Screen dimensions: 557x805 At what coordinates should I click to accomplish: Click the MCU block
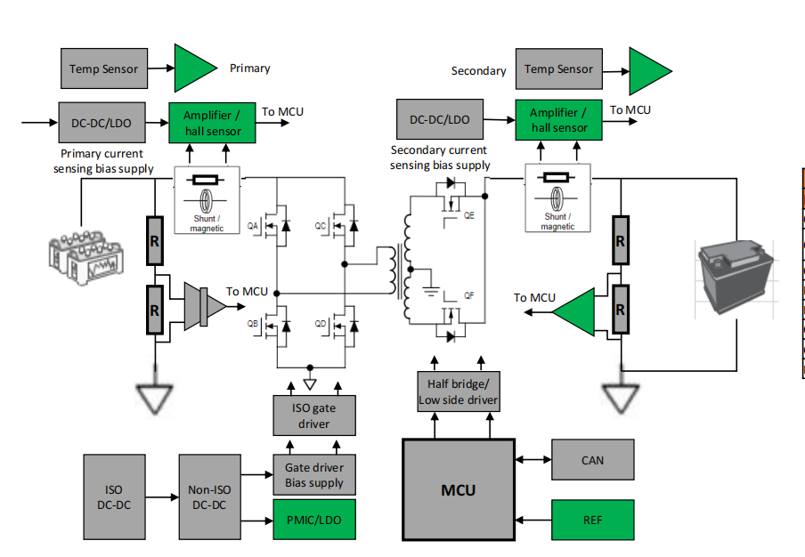tap(459, 489)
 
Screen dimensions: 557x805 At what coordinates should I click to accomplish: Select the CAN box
tap(592, 460)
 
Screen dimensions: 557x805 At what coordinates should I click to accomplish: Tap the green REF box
tap(592, 520)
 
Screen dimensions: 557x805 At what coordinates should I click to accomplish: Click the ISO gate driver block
tap(313, 416)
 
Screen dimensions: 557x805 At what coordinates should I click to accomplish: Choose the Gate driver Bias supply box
tap(313, 474)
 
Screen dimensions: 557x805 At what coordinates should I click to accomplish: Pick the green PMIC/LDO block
tap(313, 520)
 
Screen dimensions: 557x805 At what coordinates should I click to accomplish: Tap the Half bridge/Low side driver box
tap(459, 392)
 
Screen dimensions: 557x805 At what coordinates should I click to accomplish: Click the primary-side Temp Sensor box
tap(104, 69)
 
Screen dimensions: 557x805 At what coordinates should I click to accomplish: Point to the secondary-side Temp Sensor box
tap(558, 69)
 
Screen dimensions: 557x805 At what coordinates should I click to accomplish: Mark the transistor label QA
tap(253, 226)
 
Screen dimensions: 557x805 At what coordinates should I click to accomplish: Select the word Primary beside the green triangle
tap(250, 69)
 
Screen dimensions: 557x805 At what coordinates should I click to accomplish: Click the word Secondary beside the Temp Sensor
tap(478, 70)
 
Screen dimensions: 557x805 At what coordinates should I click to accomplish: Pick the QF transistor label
tap(468, 295)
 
